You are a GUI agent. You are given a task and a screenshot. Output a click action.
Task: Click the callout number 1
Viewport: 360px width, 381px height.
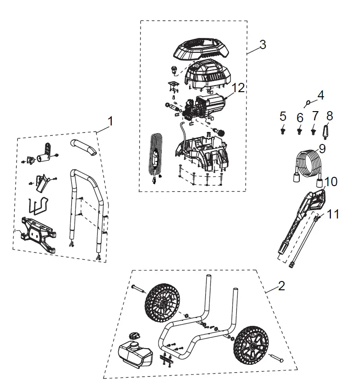pos(110,121)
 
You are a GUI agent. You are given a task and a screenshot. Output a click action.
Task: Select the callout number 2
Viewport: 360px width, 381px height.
pos(281,286)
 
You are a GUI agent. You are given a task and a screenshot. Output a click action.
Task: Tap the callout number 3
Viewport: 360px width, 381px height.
pos(262,45)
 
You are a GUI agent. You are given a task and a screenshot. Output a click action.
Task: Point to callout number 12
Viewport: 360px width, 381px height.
pos(238,87)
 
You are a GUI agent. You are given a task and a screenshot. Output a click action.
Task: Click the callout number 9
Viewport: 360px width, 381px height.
pos(322,150)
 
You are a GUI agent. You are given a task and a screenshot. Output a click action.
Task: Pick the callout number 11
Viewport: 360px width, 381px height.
pos(333,214)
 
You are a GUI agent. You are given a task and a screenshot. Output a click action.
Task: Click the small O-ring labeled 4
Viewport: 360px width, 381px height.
pos(308,103)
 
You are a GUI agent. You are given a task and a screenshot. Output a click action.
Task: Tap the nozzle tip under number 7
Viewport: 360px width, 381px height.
pos(315,131)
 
